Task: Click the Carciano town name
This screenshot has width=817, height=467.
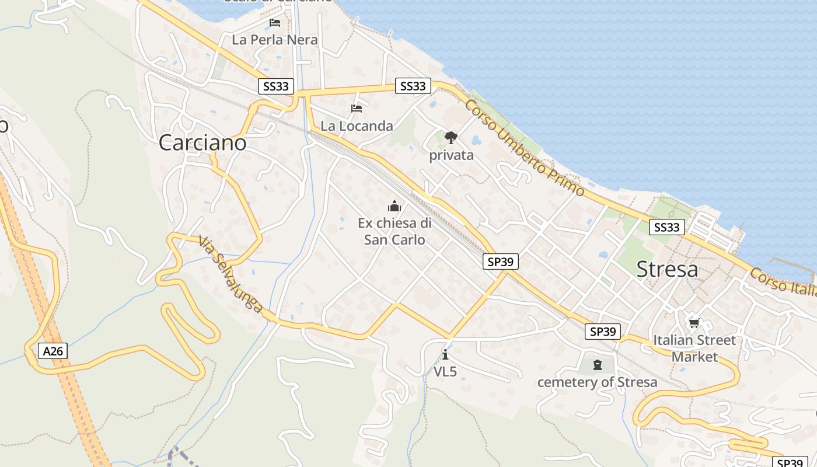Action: pos(202,143)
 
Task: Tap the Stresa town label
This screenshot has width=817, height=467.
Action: pos(667,269)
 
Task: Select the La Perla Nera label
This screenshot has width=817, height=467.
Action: pos(274,40)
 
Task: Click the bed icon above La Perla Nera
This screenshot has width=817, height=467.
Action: pos(275,23)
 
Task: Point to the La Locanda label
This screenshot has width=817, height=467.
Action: pos(357,126)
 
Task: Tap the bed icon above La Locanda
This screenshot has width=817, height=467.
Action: pos(357,109)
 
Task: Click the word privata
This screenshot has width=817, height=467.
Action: pos(451,155)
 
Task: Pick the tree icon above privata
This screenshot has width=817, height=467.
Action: pos(451,138)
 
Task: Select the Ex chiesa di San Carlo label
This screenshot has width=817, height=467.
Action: pos(394,231)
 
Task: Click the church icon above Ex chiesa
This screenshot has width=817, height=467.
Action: pos(394,206)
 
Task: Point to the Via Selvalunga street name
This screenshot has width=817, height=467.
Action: pos(230,274)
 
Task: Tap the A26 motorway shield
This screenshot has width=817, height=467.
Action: pos(53,351)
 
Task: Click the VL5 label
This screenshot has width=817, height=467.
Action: pos(445,371)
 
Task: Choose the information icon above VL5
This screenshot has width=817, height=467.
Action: pos(445,354)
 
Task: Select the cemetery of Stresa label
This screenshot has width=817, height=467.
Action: pos(597,382)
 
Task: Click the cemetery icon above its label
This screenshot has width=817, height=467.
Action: pos(597,365)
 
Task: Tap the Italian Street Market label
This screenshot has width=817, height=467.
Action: pos(694,348)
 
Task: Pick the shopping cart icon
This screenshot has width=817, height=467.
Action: pos(694,323)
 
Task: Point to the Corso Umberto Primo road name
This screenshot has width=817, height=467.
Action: pos(525,148)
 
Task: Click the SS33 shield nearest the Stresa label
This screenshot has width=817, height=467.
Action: pos(666,227)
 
